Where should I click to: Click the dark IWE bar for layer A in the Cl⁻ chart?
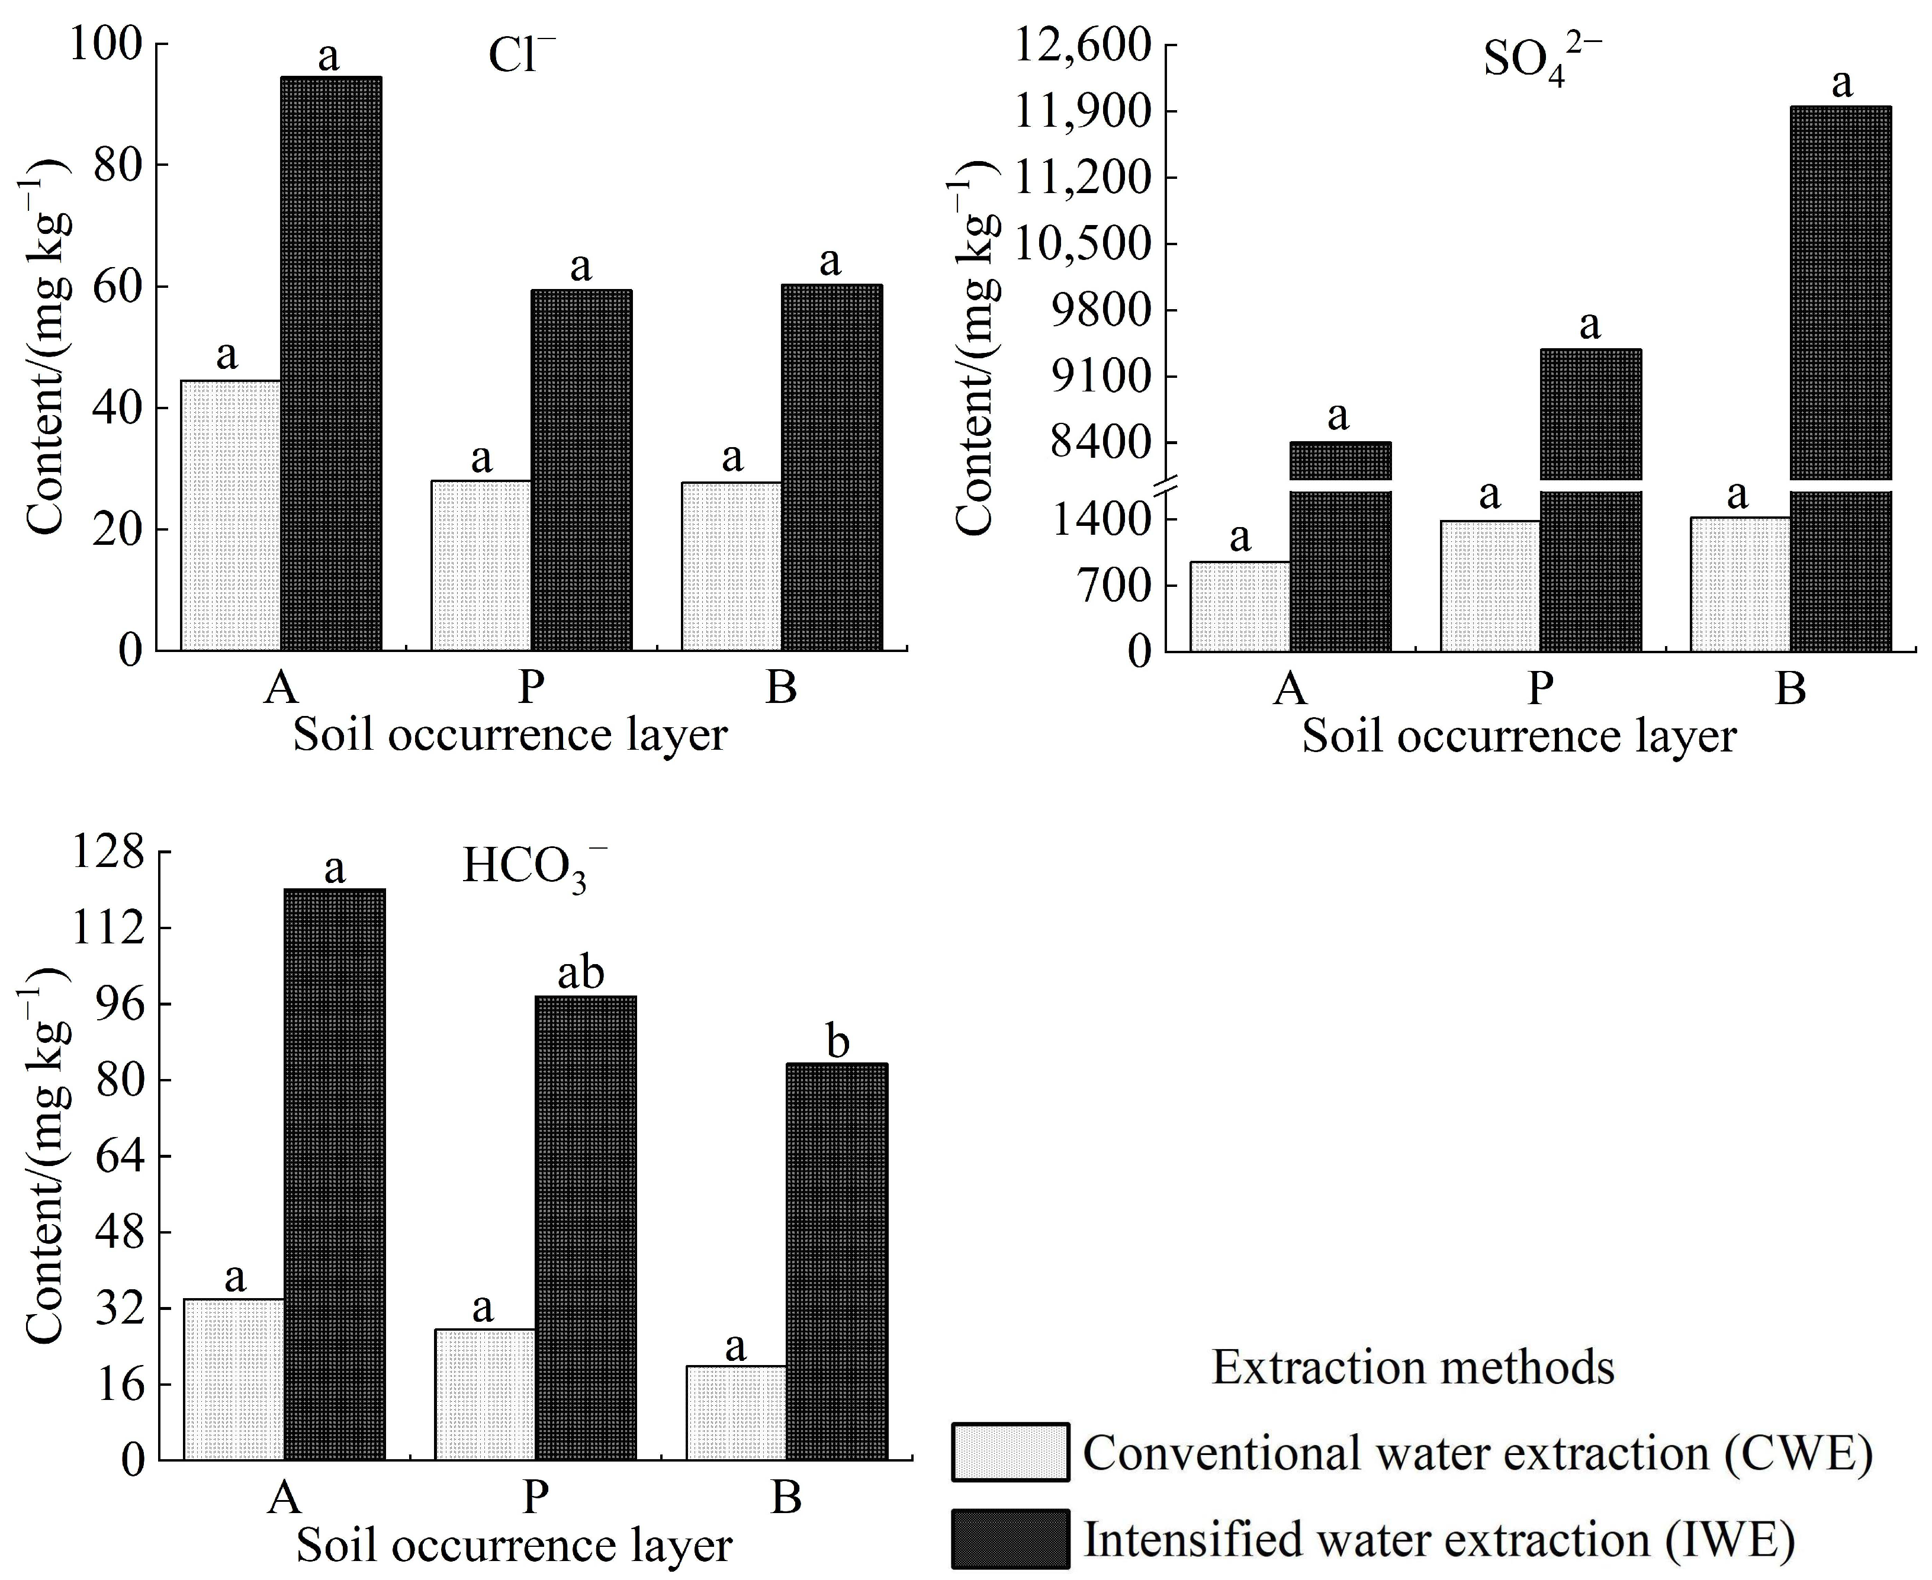click(x=330, y=364)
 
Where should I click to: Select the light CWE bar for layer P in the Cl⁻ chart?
click(x=481, y=565)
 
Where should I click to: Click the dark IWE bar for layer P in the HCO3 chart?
click(x=585, y=1229)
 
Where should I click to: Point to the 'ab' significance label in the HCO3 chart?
click(x=581, y=973)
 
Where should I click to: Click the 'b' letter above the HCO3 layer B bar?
click(x=837, y=1041)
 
